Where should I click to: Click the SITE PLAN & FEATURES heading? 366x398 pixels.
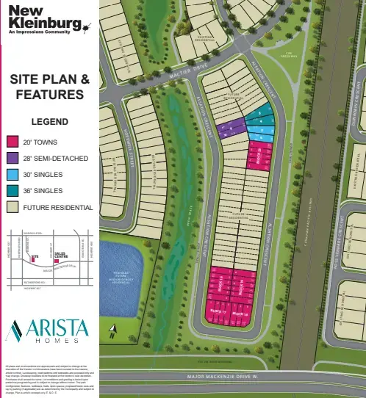click(x=50, y=87)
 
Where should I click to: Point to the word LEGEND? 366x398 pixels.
click(x=49, y=122)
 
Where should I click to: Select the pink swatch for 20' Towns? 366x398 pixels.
click(x=12, y=142)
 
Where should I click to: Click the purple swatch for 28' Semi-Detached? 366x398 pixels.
click(x=12, y=158)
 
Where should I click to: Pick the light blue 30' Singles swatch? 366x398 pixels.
click(x=12, y=175)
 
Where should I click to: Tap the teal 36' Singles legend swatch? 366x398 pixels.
click(x=12, y=191)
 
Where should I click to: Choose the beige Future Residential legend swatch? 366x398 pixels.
click(x=12, y=207)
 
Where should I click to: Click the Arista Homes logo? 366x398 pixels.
click(x=48, y=331)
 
